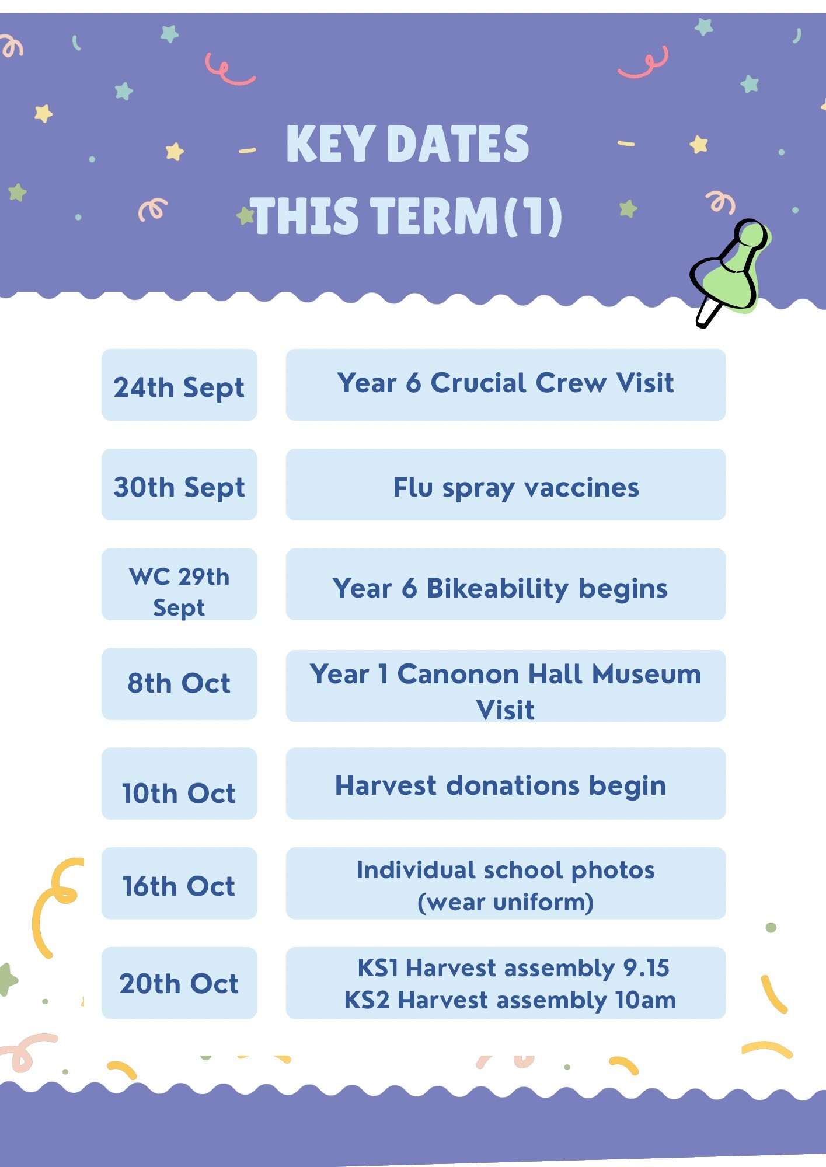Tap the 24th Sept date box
pyautogui.click(x=179, y=385)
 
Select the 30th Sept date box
pyautogui.click(x=179, y=484)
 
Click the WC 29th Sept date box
pyautogui.click(x=179, y=584)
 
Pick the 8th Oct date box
pyautogui.click(x=179, y=684)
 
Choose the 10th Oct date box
pyautogui.click(x=179, y=784)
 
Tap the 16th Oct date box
pyautogui.click(x=179, y=883)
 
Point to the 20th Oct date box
pyautogui.click(x=179, y=983)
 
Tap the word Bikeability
pyautogui.click(x=497, y=588)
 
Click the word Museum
pyautogui.click(x=646, y=674)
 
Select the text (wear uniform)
pyautogui.click(x=506, y=902)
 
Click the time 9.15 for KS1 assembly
pyautogui.click(x=646, y=968)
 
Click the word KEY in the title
pyautogui.click(x=330, y=144)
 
